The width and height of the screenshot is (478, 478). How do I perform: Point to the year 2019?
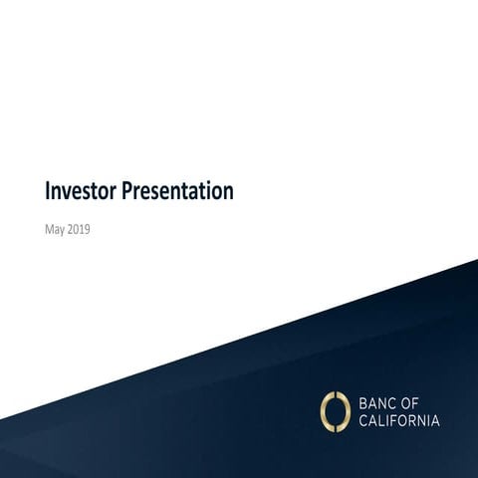81,229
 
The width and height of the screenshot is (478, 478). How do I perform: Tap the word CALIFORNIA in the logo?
397,420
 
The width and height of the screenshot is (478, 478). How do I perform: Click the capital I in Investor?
48,191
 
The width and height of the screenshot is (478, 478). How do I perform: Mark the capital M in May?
50,229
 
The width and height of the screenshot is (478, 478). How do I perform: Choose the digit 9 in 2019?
90,229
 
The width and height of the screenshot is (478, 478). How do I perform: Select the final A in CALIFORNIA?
435,420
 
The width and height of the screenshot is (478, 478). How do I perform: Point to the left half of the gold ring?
325,410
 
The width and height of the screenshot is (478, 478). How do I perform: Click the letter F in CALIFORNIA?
388,420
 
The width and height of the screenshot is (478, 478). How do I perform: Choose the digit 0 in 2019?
78,229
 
